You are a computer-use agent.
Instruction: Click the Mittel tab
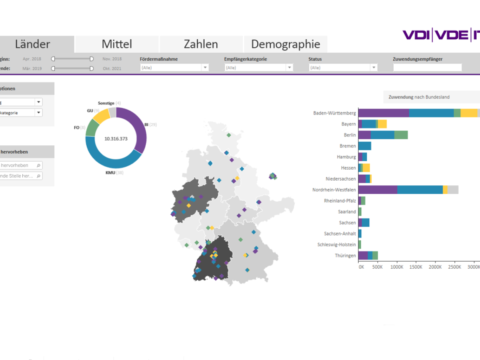pos(117,44)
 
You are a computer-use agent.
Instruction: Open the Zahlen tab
pos(201,44)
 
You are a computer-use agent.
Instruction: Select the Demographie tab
pos(285,44)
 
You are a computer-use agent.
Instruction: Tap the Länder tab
pos(33,44)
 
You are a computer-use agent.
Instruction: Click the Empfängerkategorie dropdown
pos(259,67)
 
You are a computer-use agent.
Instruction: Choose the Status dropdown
pos(343,67)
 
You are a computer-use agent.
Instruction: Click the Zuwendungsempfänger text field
pos(427,67)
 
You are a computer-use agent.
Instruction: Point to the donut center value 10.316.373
pos(116,139)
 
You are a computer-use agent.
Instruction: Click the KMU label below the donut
pos(110,173)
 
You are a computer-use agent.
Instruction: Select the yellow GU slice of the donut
pos(101,115)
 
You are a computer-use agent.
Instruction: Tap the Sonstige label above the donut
pos(106,103)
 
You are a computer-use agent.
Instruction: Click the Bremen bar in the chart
pos(365,146)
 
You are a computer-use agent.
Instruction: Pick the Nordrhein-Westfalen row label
pos(334,190)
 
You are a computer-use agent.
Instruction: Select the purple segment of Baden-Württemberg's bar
pos(383,113)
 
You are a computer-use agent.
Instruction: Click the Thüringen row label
pos(345,256)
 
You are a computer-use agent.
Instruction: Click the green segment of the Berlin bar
pos(401,135)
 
